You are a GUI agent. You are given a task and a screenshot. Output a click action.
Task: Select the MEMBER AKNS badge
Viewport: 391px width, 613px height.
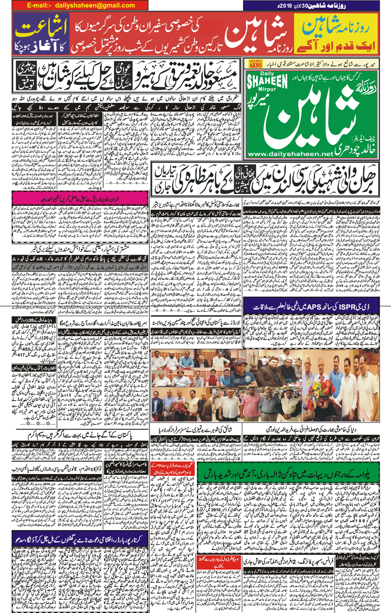[255, 63]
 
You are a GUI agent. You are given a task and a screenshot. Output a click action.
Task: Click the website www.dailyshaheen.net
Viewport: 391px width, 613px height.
[290, 154]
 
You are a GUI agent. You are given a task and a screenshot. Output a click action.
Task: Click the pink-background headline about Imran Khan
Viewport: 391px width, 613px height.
[80, 199]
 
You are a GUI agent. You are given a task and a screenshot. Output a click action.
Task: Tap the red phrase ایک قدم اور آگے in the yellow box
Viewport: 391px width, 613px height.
[336, 45]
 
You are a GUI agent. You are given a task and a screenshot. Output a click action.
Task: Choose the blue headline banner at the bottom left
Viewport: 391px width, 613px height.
[80, 539]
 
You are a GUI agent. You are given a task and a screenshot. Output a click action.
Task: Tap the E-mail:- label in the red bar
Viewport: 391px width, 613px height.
[39, 5]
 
